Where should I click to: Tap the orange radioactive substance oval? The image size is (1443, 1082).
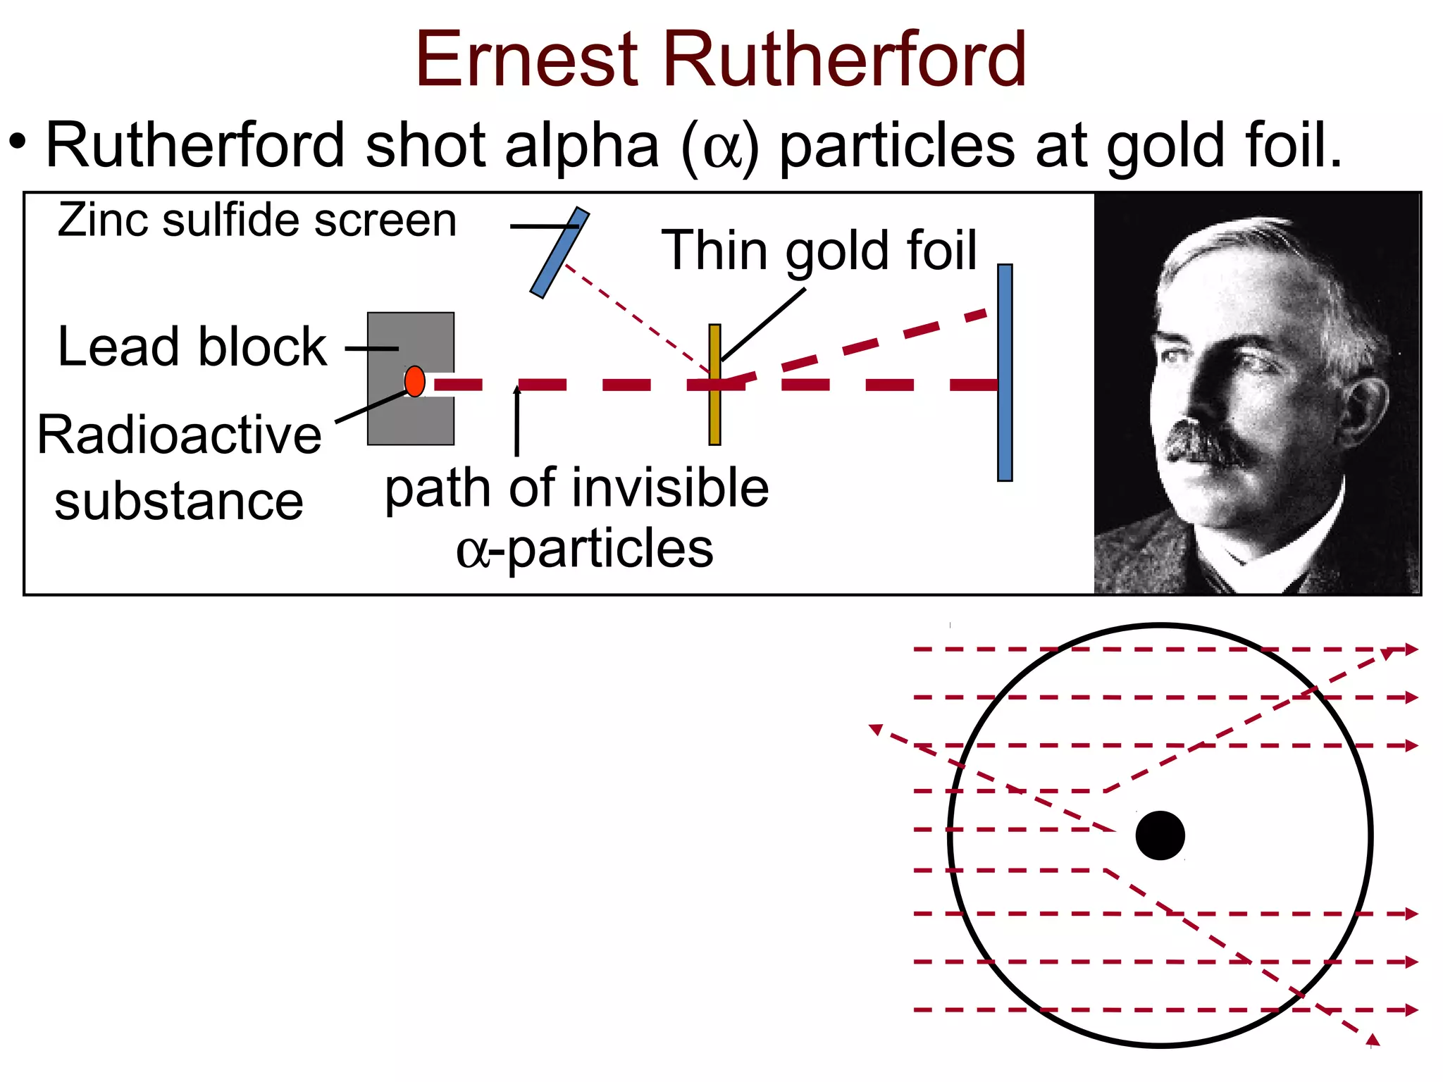pos(415,381)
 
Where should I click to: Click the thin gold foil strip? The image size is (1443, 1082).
pos(714,416)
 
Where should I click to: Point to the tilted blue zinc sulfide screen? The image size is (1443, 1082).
pos(559,252)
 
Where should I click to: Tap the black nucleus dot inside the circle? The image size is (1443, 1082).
pos(1160,835)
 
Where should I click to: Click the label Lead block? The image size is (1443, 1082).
pos(192,347)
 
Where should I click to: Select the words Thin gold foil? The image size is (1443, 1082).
pos(819,250)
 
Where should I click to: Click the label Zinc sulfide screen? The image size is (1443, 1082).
pos(257,220)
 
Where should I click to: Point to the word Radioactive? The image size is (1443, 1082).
pos(180,435)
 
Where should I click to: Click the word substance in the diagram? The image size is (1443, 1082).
pos(179,502)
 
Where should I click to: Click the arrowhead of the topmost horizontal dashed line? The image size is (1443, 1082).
pos(1411,649)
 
